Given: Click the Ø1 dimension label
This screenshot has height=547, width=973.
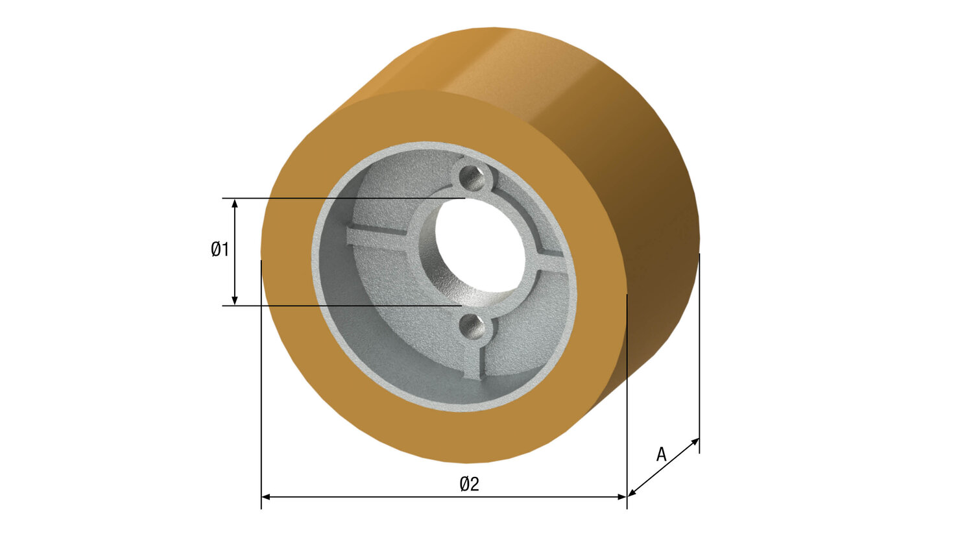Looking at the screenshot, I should [220, 249].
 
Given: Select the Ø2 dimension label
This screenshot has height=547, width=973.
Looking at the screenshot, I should [469, 483].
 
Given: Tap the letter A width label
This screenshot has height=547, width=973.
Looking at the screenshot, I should [661, 454].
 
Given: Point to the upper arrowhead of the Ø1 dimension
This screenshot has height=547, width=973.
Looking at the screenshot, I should [235, 203].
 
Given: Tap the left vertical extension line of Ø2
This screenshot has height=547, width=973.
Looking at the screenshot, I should [261, 389].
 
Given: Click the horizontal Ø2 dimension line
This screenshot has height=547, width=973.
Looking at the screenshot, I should [389, 497].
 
